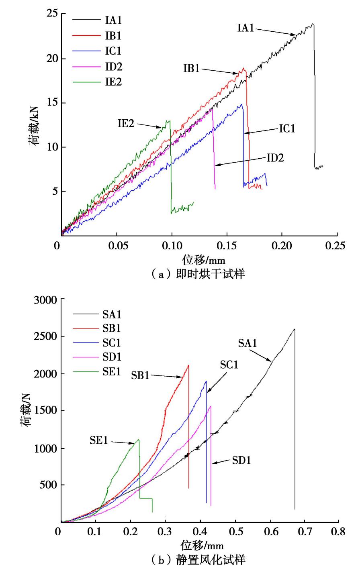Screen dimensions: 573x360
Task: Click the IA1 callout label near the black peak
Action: click(x=245, y=28)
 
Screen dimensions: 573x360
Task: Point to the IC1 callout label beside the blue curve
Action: click(x=287, y=129)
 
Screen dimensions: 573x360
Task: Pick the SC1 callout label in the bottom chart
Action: click(x=229, y=365)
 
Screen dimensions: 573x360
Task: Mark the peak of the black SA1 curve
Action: click(x=295, y=329)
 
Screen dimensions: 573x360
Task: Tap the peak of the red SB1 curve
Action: click(x=188, y=365)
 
